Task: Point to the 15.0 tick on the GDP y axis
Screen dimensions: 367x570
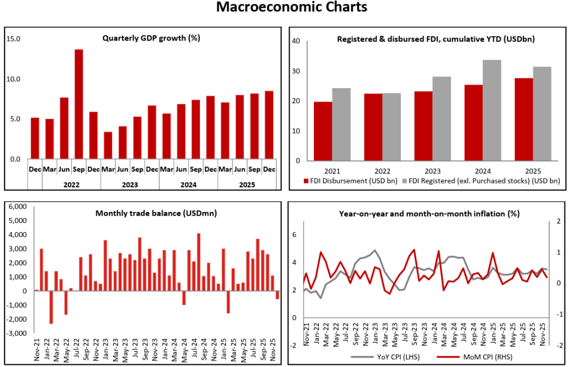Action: [13, 39]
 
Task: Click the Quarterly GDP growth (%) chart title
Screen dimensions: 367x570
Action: [151, 38]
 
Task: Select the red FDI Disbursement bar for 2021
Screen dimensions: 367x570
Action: [323, 131]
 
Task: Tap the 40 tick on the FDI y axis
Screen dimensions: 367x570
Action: [296, 41]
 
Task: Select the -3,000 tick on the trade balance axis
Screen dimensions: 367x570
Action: [16, 334]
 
